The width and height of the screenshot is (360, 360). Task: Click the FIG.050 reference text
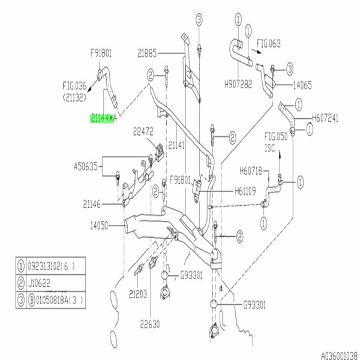(x=277, y=138)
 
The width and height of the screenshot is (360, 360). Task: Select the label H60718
(x=251, y=170)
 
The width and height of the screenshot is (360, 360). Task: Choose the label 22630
(x=149, y=325)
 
